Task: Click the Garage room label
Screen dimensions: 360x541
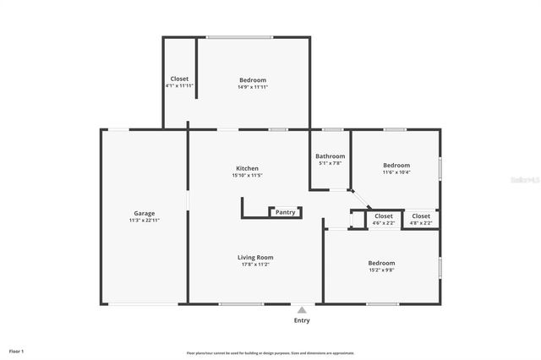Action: (144, 213)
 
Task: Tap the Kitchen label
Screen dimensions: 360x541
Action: (246, 168)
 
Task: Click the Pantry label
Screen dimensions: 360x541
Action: (285, 212)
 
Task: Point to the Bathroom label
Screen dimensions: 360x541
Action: (330, 155)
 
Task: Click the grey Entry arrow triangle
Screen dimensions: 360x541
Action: (302, 310)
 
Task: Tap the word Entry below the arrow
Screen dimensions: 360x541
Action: (302, 320)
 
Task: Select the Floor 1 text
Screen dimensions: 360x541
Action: (17, 351)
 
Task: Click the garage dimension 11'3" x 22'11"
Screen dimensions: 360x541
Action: (144, 220)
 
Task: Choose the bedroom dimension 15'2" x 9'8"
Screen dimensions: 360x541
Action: (381, 270)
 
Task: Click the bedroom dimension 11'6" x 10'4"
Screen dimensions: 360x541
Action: (396, 172)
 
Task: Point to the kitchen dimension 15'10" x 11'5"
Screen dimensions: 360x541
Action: (247, 175)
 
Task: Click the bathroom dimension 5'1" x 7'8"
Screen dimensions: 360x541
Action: (330, 163)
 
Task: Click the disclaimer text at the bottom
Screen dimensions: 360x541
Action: (270, 353)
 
